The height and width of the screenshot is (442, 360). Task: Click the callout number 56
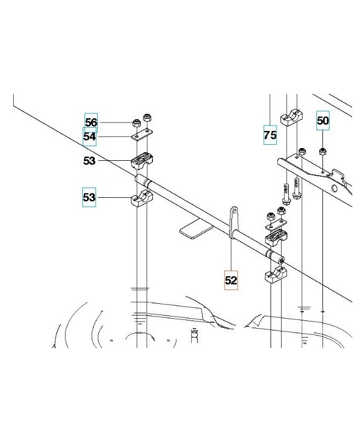(x=91, y=122)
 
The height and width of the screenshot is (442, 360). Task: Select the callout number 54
(x=89, y=136)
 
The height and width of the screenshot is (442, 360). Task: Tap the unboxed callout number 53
(x=89, y=161)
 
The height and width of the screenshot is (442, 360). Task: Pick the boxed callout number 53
(x=89, y=197)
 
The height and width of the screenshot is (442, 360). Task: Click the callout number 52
(x=231, y=280)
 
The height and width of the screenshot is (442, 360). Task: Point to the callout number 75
(x=270, y=135)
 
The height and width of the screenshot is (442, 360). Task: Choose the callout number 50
(x=323, y=120)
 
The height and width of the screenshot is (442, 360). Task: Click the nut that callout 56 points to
(x=136, y=123)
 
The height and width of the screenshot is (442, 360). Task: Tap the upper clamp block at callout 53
(x=142, y=160)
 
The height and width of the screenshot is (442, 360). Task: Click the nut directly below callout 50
(x=322, y=151)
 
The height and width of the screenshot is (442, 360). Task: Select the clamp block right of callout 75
(x=292, y=117)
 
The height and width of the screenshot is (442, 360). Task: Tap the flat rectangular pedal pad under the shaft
(x=197, y=229)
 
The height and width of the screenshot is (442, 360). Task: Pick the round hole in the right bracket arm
(x=335, y=188)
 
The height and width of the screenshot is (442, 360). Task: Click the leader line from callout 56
(x=115, y=123)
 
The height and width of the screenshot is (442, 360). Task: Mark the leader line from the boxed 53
(x=114, y=197)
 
